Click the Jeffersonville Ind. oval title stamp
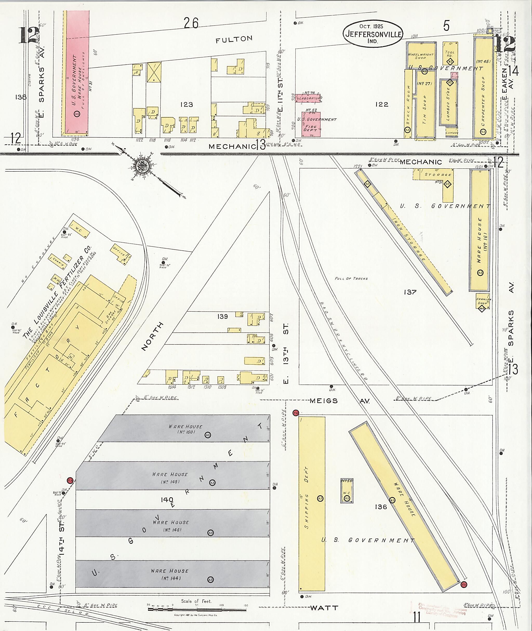point(373,34)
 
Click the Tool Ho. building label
point(450,54)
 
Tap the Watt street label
point(324,608)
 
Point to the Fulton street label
point(234,39)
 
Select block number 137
point(410,292)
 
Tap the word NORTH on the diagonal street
point(152,336)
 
